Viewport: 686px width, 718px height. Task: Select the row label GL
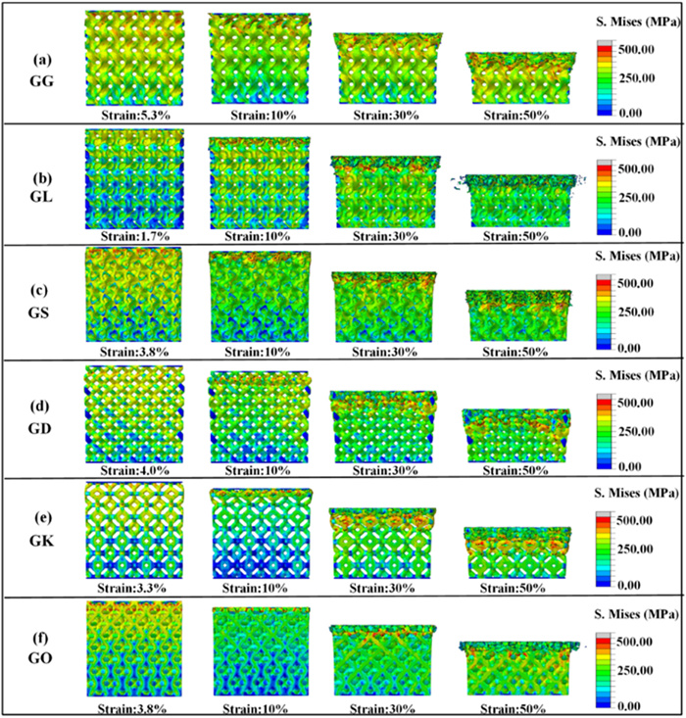(x=42, y=196)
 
